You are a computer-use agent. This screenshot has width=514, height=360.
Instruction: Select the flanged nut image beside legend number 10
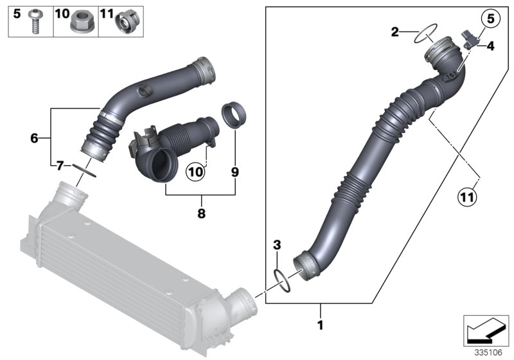coord(82,22)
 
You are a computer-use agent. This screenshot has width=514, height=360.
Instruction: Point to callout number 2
coord(396,32)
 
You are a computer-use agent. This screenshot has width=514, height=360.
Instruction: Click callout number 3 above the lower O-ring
coord(277,245)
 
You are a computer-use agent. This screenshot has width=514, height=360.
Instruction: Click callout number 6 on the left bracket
coord(36,137)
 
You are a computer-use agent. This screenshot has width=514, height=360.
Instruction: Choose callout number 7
coord(59,166)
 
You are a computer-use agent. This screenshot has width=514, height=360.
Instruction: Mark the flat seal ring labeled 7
coord(85,170)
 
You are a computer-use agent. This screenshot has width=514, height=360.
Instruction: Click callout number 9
coord(235,172)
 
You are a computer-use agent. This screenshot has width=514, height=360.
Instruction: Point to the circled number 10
coord(195,172)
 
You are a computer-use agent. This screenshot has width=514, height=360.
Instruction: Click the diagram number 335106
coord(487,352)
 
